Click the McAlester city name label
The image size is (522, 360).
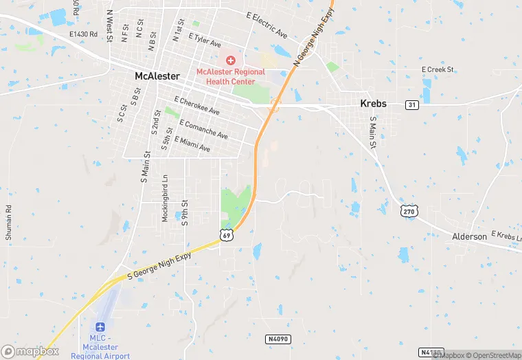click(157, 76)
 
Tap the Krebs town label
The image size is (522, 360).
click(374, 104)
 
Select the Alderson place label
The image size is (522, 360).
click(470, 236)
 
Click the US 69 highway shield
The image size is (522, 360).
click(227, 235)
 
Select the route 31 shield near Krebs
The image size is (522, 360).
click(411, 104)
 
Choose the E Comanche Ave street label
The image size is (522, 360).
click(203, 128)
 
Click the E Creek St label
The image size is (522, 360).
click(438, 69)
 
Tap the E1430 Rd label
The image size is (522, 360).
click(84, 33)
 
